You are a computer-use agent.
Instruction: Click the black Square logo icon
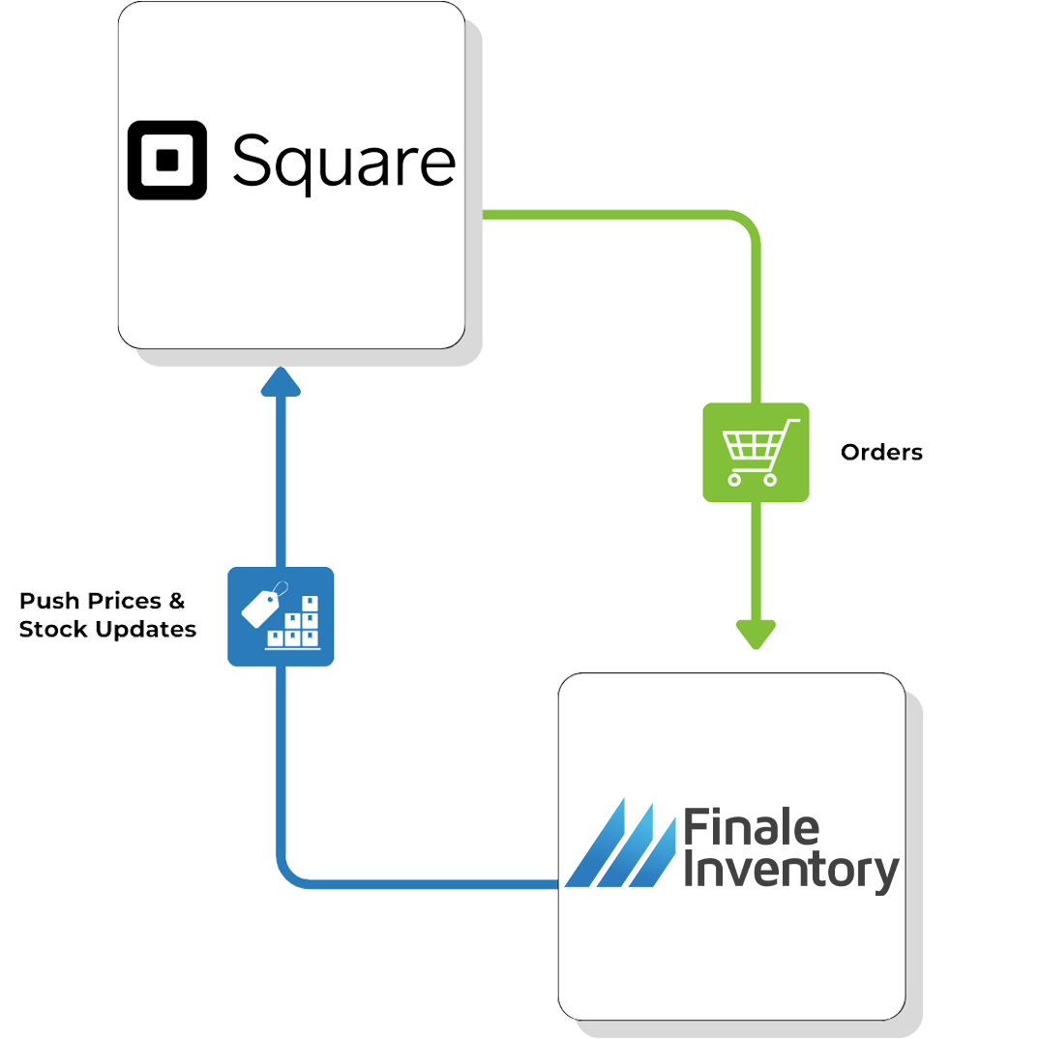[x=167, y=160]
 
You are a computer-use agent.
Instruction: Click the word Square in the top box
[x=343, y=163]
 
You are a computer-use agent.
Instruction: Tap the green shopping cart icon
[x=756, y=452]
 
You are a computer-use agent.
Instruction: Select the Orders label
[x=881, y=452]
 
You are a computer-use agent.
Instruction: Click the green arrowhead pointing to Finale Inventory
[x=756, y=634]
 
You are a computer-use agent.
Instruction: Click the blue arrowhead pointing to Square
[x=282, y=382]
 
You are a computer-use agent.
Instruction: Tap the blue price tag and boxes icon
[x=281, y=616]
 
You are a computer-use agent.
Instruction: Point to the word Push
[x=49, y=602]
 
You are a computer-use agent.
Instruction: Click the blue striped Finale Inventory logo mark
[x=620, y=844]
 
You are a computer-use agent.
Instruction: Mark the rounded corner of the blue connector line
[x=289, y=875]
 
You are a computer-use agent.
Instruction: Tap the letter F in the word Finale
[x=694, y=828]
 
